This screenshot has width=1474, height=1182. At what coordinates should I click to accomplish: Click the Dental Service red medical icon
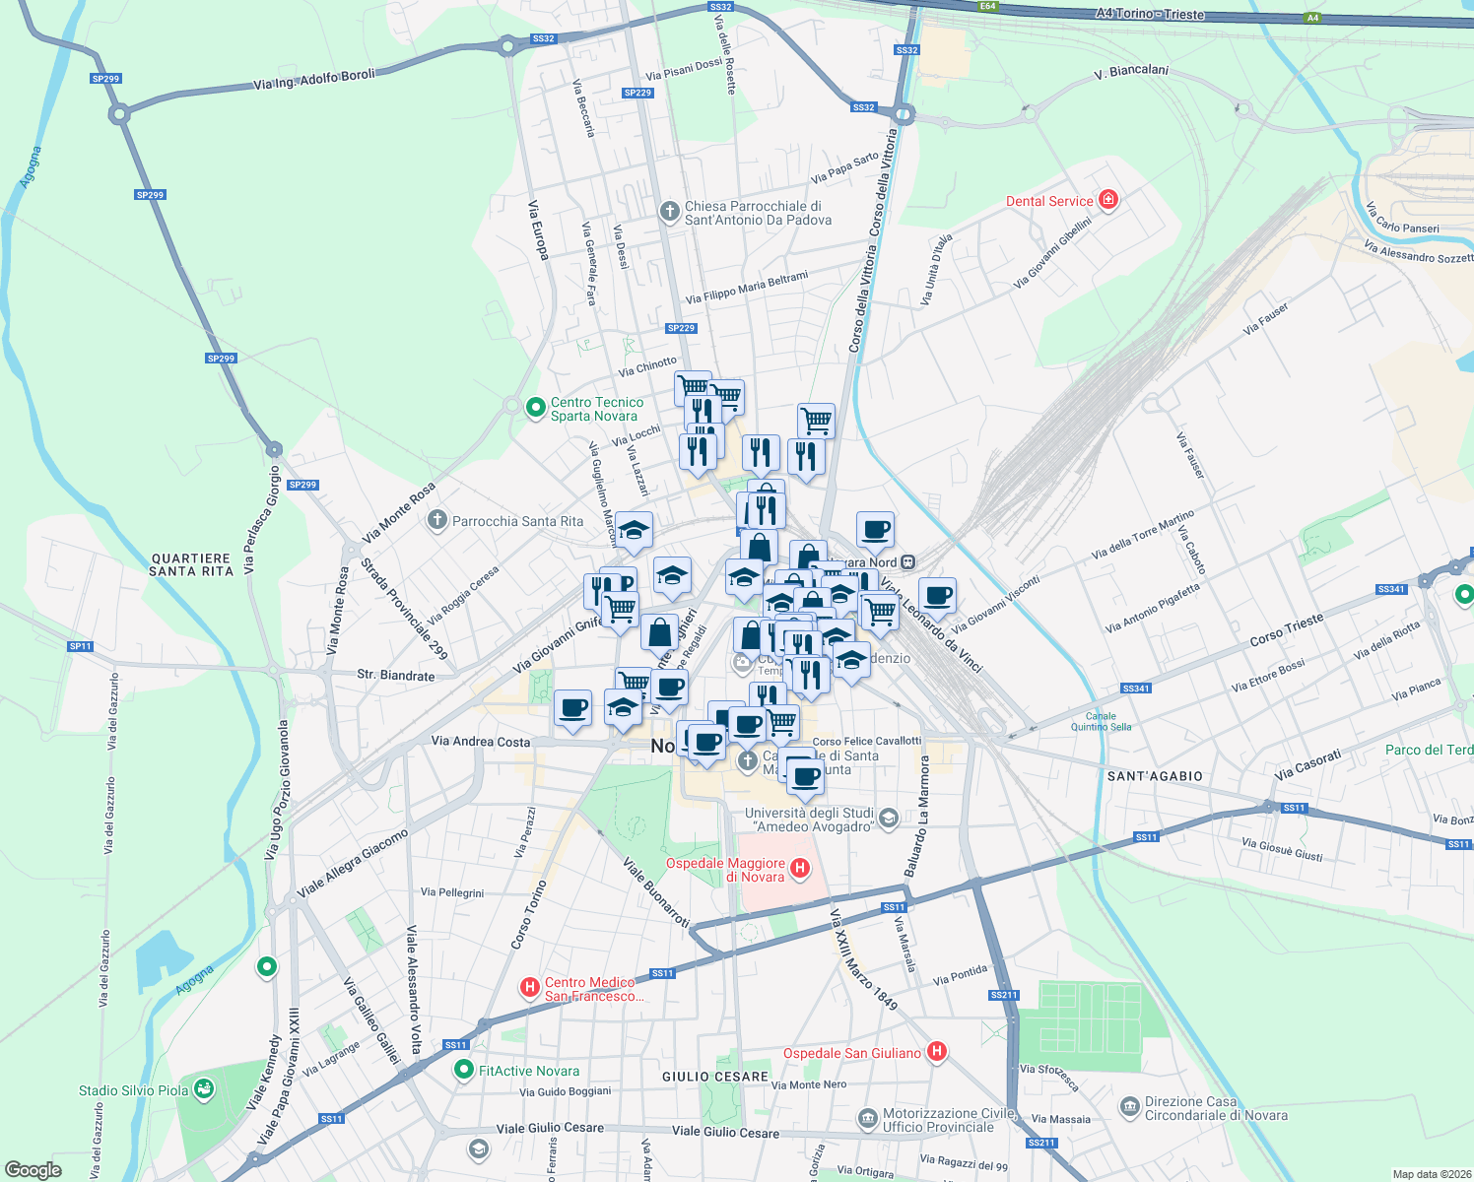(1108, 200)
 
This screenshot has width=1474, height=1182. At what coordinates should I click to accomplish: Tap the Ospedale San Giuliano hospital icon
(936, 1052)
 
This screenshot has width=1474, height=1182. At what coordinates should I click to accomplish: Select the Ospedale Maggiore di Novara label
(726, 870)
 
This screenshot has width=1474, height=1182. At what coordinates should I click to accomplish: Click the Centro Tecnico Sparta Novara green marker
(535, 407)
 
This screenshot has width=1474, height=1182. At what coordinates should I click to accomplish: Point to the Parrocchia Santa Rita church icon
(437, 520)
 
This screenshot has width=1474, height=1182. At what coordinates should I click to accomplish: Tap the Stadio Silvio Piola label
(133, 1090)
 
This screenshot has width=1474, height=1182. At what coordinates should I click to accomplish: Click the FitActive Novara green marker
(463, 1070)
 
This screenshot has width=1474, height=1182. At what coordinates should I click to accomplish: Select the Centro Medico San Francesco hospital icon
(530, 986)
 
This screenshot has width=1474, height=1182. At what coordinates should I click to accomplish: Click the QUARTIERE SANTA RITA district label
(191, 564)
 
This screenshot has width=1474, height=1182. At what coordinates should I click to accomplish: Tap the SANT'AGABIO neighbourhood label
(1155, 776)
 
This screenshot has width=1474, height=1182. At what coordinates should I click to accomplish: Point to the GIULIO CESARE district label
(714, 1077)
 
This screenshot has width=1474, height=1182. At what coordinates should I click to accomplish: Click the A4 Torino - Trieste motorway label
(1150, 14)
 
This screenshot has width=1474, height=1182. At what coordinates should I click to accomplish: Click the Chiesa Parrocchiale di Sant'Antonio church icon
(669, 211)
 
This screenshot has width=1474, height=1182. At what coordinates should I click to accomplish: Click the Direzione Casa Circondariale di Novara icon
(1129, 1107)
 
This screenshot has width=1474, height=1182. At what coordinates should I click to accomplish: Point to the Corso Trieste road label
(1286, 630)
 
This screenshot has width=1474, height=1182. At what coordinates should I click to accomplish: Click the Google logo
(33, 1170)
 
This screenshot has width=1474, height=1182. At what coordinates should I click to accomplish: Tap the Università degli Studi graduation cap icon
(888, 819)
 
